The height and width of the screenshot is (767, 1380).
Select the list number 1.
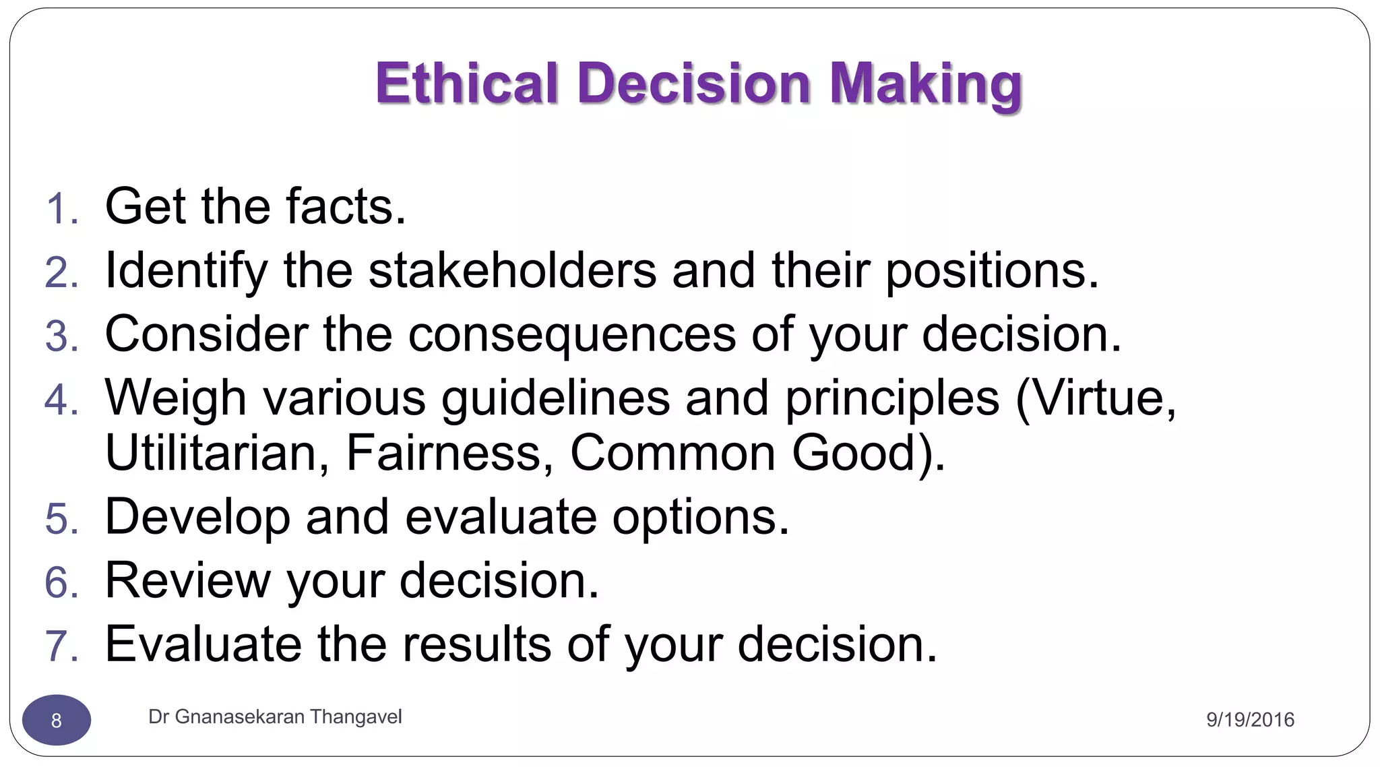click(x=62, y=208)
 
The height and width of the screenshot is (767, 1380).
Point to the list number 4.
click(x=62, y=400)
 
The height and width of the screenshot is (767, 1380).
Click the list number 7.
click(x=62, y=646)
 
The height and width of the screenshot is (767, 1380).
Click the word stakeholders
click(x=512, y=270)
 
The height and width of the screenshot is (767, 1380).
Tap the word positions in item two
click(x=991, y=270)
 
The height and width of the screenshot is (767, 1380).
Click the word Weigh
click(x=176, y=398)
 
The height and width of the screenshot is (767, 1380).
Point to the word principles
click(x=892, y=398)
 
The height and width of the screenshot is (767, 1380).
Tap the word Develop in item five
click(x=197, y=518)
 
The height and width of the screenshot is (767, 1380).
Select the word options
click(x=701, y=518)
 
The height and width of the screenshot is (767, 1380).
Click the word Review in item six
click(x=188, y=580)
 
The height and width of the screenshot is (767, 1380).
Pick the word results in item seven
click(x=477, y=644)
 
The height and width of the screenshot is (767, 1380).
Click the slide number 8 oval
click(x=57, y=720)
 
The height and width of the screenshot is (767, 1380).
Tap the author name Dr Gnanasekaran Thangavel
click(x=275, y=716)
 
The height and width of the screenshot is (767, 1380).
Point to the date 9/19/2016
click(x=1250, y=720)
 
